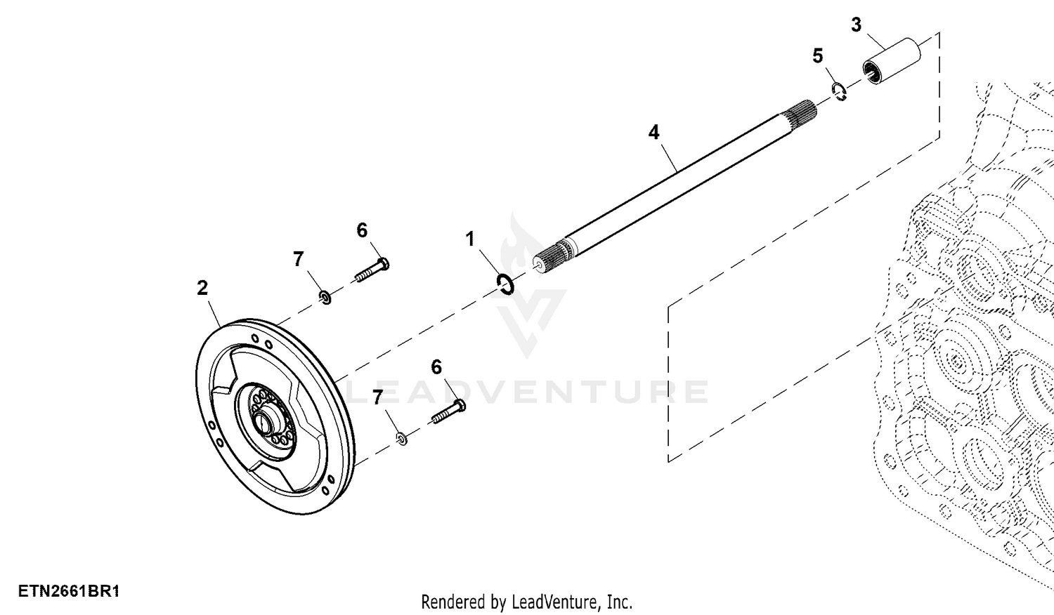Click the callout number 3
pyautogui.click(x=856, y=25)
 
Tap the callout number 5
pyautogui.click(x=818, y=56)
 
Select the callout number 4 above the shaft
pyautogui.click(x=654, y=132)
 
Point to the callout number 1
pyautogui.click(x=470, y=239)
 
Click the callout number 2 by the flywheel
pyautogui.click(x=202, y=288)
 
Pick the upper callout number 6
pyautogui.click(x=362, y=230)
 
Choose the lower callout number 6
pyautogui.click(x=436, y=367)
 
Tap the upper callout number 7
pyautogui.click(x=299, y=259)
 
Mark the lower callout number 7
pyautogui.click(x=377, y=398)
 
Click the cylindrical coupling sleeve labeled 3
pyautogui.click(x=892, y=64)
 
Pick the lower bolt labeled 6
pyautogui.click(x=448, y=412)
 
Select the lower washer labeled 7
pyautogui.click(x=403, y=439)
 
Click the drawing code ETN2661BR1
pyautogui.click(x=69, y=591)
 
